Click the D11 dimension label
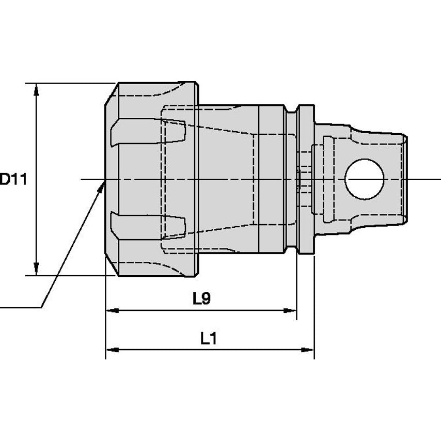(13, 179)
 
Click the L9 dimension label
(202, 298)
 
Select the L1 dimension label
(209, 338)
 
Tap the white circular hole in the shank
(365, 179)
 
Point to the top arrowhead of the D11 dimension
(36, 90)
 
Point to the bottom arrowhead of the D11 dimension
(36, 269)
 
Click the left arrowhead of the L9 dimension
(112, 310)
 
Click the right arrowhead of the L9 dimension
(290, 310)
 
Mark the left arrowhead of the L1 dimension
(112, 350)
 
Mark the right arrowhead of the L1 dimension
(307, 350)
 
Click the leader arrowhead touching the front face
(101, 186)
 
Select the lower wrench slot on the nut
(148, 225)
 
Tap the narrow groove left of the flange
(292, 179)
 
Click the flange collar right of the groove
(306, 179)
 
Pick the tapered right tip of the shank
(404, 179)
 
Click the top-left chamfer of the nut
(112, 94)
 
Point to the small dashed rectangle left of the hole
(328, 179)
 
